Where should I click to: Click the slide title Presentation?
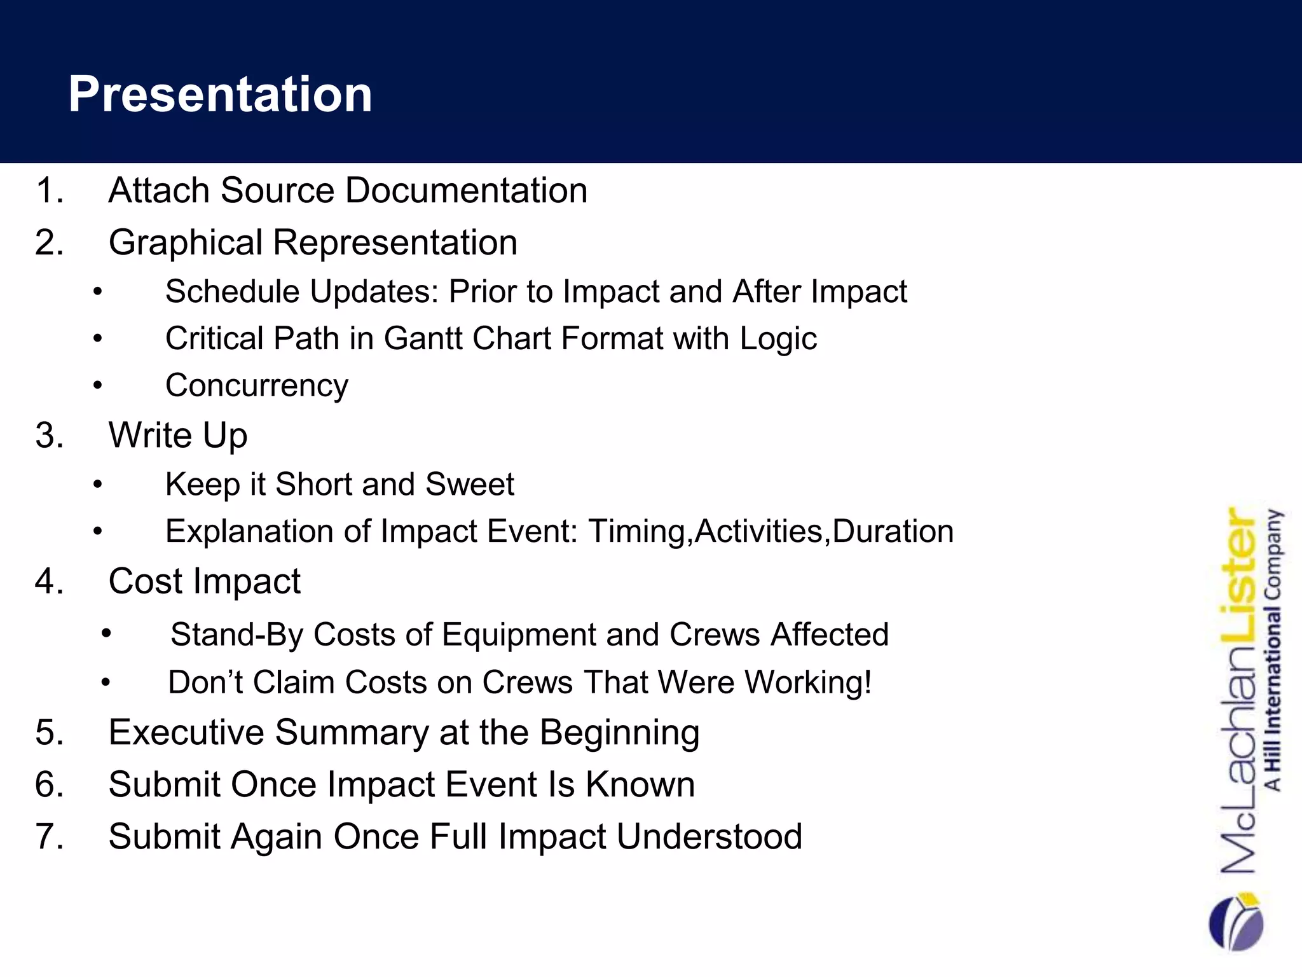[x=220, y=94]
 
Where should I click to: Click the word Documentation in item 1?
[x=466, y=190]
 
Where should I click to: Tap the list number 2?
[x=50, y=242]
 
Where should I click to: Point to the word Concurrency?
[x=257, y=385]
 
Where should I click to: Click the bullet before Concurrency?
[x=97, y=386]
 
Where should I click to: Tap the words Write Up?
[x=178, y=435]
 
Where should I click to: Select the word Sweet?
[x=469, y=484]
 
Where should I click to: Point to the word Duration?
[x=893, y=531]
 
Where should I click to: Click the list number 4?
[x=50, y=581]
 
